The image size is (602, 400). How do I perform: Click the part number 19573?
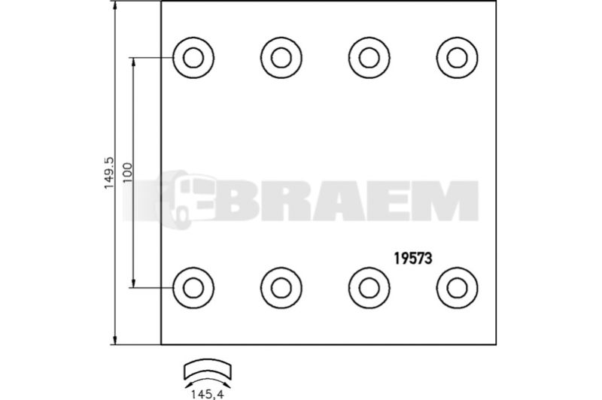tap(412, 259)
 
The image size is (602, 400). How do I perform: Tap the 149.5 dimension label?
tap(109, 173)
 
